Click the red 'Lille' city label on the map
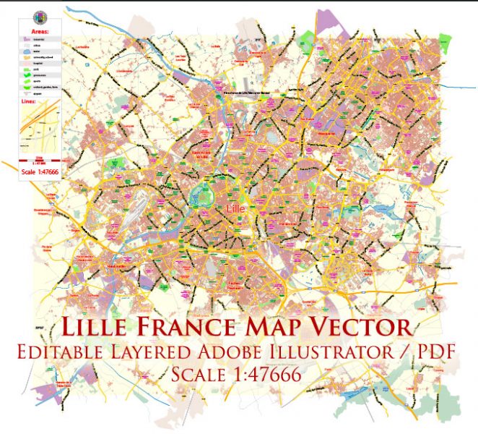click(x=236, y=209)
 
